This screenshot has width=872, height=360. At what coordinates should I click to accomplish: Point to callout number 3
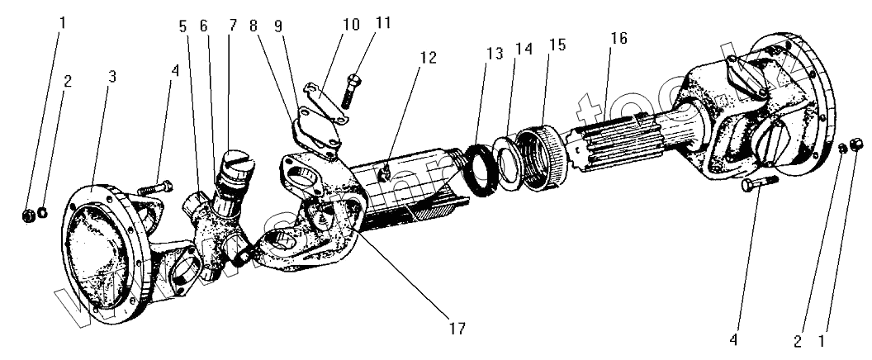pyautogui.click(x=111, y=76)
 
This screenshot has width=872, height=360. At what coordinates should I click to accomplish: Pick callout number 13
pyautogui.click(x=494, y=54)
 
